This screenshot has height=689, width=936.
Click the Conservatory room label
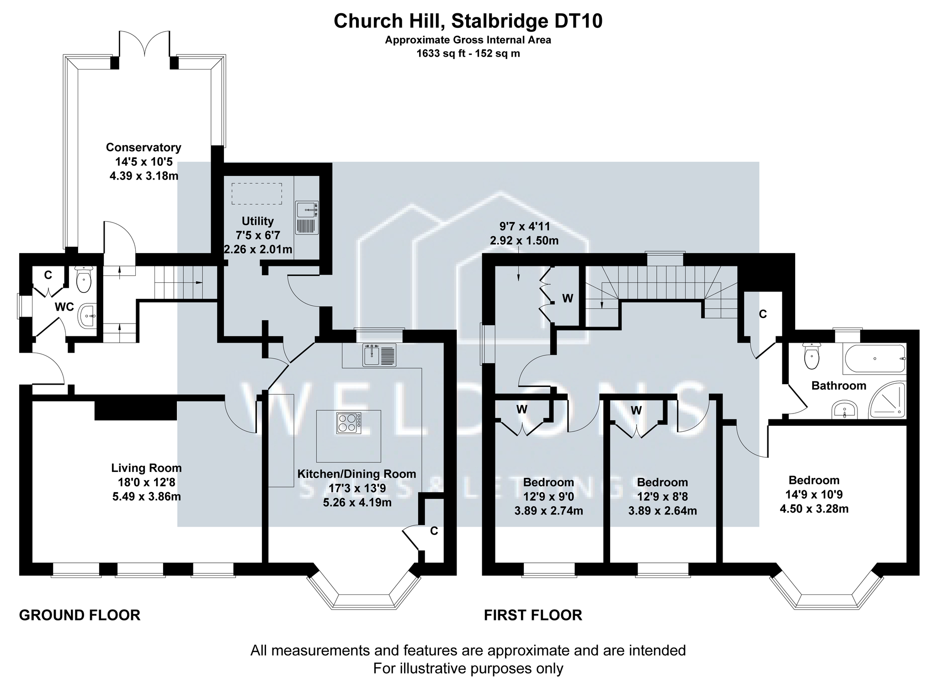tap(144, 148)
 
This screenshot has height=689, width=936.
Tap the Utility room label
tap(258, 221)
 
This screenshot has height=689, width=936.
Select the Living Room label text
tap(146, 468)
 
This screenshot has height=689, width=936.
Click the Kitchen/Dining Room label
tap(356, 474)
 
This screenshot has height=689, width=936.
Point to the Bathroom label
tap(839, 386)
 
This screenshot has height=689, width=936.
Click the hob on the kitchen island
tap(349, 423)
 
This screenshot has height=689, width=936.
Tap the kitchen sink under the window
tap(379, 355)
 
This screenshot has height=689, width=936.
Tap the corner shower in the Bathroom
tap(888, 400)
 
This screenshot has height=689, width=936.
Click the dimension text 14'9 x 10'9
tap(814, 494)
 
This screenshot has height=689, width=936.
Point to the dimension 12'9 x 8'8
tap(662, 496)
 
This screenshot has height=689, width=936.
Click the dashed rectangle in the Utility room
tap(256, 194)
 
